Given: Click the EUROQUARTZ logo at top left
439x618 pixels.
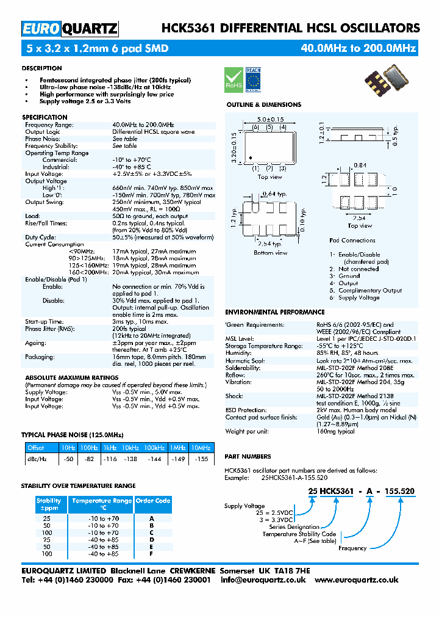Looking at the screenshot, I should tap(70, 29).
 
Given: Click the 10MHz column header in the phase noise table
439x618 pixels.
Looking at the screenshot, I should tap(201, 448).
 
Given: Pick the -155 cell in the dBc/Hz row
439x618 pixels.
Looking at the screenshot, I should tap(201, 458).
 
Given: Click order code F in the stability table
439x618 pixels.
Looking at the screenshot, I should tap(151, 554).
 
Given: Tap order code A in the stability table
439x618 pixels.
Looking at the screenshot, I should tap(151, 518).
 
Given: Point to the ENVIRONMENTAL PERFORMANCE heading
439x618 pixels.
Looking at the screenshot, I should tap(274, 312).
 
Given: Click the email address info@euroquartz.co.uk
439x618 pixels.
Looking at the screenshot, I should tap(263, 580).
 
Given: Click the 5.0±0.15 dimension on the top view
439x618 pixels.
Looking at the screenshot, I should tap(270, 119).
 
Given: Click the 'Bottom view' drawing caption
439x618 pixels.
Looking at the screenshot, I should tap(271, 252).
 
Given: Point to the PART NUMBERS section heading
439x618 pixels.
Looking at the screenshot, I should tap(248, 457).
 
